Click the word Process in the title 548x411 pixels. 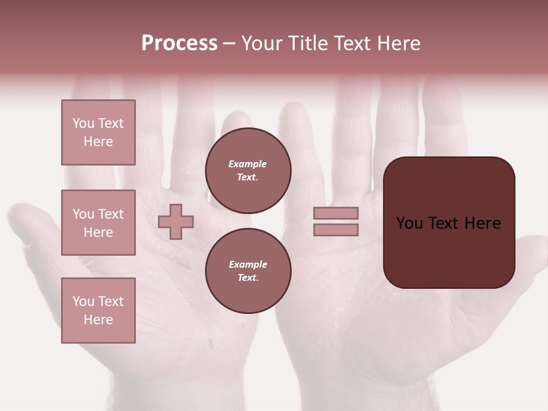click(x=179, y=43)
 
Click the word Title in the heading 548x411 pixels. click(x=308, y=43)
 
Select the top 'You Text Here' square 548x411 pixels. click(x=98, y=132)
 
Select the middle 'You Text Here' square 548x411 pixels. click(x=98, y=223)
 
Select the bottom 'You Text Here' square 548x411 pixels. click(x=98, y=311)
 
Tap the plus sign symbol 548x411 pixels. click(x=176, y=221)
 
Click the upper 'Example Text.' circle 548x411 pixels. click(x=248, y=171)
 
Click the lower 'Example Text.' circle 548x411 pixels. click(x=248, y=271)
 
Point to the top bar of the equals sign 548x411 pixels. click(x=336, y=213)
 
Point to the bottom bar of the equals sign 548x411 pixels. click(x=336, y=229)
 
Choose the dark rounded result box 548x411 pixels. click(x=449, y=223)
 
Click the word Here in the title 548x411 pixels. click(x=399, y=43)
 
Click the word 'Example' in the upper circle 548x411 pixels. click(x=248, y=164)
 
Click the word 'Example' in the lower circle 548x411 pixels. click(x=248, y=264)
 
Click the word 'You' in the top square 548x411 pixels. click(x=83, y=123)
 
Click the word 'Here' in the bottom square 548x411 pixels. click(x=98, y=320)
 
